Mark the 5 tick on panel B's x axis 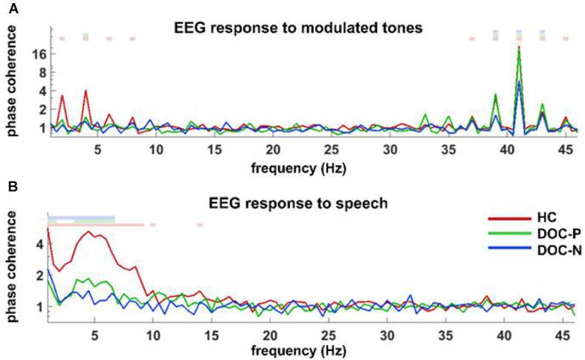(x=95, y=330)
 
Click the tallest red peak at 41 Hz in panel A (x=519, y=48)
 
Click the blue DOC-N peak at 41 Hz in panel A (x=519, y=81)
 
